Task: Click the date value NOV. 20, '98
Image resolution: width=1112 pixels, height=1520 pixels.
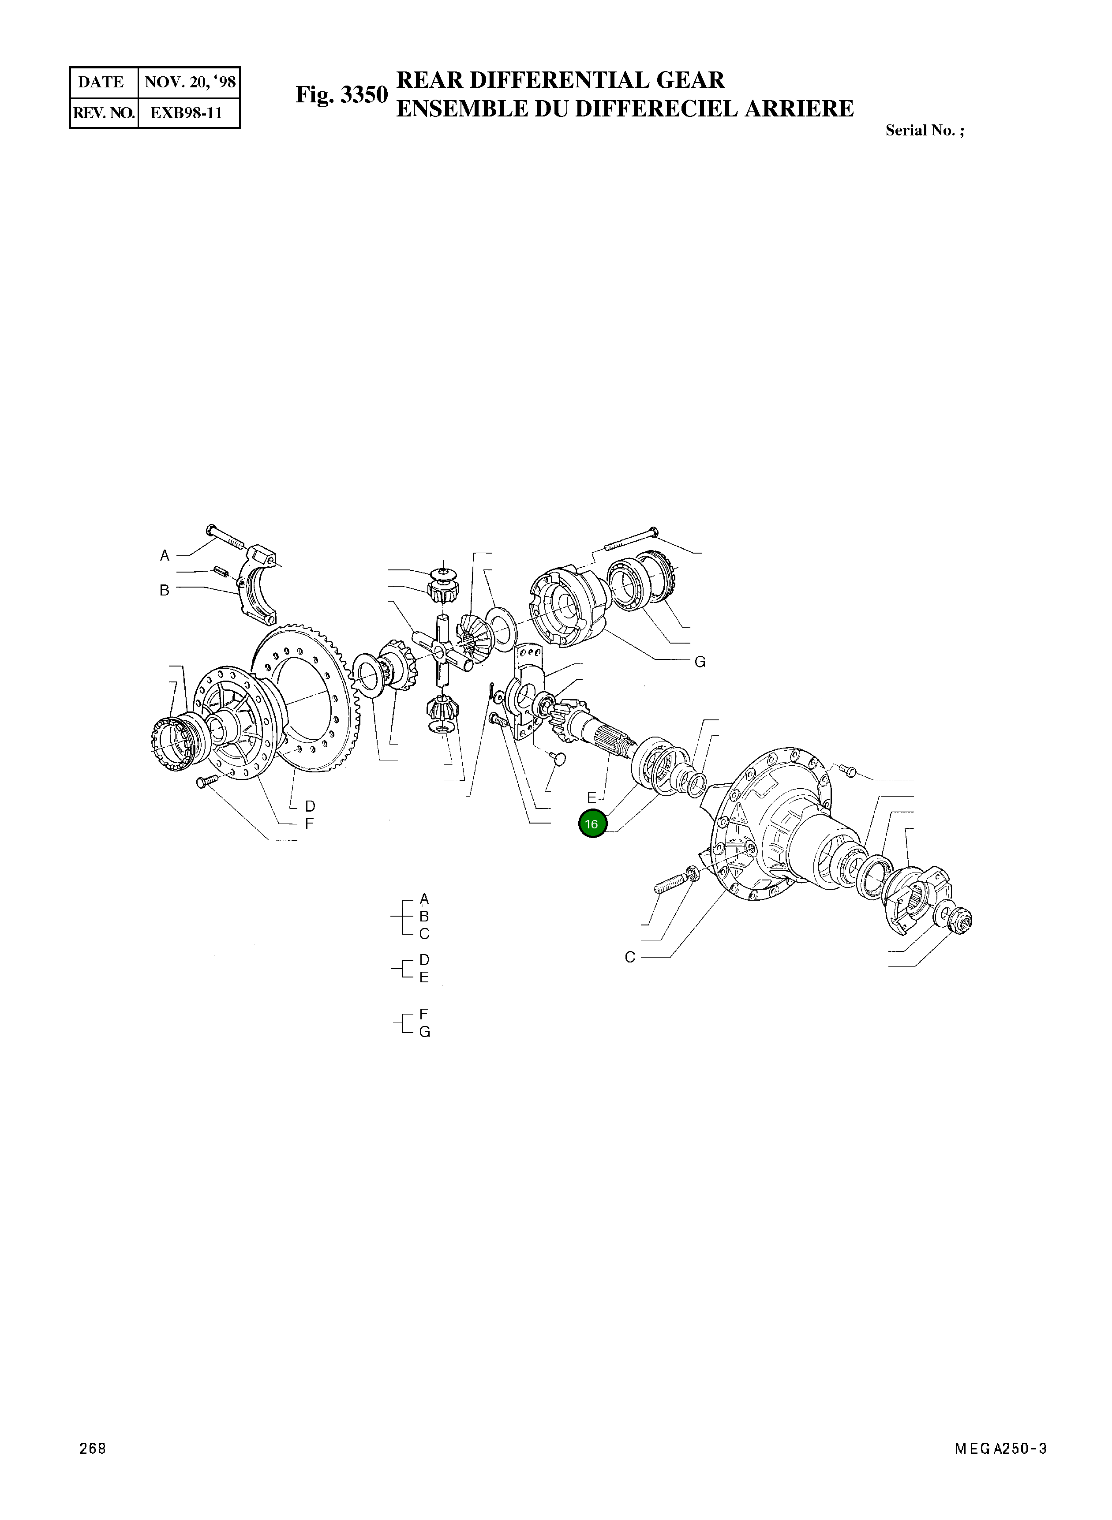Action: [190, 82]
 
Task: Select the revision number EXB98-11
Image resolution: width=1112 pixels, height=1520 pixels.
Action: [186, 113]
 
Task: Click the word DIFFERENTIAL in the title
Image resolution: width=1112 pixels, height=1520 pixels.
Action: [559, 80]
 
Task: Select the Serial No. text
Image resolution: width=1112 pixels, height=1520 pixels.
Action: [924, 131]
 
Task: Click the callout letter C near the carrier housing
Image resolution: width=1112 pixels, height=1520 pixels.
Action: [629, 957]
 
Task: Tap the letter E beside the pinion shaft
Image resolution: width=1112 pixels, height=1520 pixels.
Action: [591, 797]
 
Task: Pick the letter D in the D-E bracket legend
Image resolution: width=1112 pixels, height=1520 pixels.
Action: [424, 959]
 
